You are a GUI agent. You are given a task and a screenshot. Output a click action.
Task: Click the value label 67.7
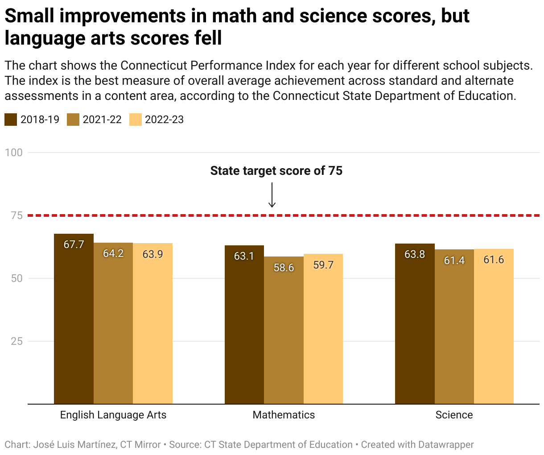click(74, 244)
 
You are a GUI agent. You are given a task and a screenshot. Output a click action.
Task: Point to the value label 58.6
click(284, 268)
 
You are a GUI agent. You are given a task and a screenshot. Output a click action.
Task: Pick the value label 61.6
click(494, 260)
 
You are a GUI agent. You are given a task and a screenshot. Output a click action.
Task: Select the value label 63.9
click(152, 254)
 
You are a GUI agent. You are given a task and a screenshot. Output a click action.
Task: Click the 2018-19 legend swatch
click(11, 120)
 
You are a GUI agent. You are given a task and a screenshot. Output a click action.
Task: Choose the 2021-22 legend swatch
click(73, 120)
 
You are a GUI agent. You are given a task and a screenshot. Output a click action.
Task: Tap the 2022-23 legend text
click(164, 120)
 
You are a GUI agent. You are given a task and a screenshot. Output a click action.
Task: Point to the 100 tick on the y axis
click(14, 153)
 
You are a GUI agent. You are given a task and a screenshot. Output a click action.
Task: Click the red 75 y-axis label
click(16, 216)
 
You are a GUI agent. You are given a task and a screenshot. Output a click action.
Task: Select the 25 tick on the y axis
click(16, 341)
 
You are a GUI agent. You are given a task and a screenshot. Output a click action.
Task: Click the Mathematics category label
click(284, 415)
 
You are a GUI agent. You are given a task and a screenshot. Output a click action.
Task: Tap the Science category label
click(454, 415)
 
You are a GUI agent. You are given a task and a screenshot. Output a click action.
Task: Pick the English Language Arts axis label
click(113, 415)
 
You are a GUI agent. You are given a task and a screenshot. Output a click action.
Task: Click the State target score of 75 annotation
click(276, 171)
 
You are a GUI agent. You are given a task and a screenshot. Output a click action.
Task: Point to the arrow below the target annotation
click(272, 195)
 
